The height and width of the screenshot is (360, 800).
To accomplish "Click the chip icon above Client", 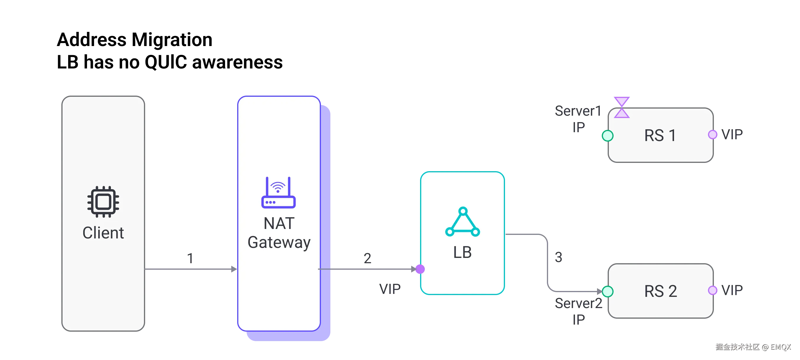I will coord(103,202).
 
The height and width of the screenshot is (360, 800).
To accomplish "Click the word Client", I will coord(103,233).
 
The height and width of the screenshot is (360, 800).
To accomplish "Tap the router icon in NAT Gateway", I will coord(278,193).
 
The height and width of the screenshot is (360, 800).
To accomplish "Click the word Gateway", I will coord(279,242).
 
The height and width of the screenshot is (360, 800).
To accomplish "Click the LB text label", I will coord(463,252).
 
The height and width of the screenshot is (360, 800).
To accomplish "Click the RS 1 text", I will coord(660,136).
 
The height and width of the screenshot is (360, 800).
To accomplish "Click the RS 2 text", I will coord(660,291).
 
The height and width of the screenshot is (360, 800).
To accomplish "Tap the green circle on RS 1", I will coord(607,136).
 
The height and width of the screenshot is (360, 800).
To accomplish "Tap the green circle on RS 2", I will coord(607,291).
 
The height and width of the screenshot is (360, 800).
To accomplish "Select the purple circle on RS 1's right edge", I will coord(712,135).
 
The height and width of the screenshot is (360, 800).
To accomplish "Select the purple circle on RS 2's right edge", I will coord(712,290).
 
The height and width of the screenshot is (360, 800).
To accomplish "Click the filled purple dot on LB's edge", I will coord(420,269).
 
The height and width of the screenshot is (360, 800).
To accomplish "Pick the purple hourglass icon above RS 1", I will coord(622,107).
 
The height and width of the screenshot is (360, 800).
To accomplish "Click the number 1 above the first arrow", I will coord(190,258).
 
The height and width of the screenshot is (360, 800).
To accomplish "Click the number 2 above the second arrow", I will coord(368,258).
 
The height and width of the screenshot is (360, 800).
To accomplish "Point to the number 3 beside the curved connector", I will coord(559,257).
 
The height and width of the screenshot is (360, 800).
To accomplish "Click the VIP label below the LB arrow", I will coord(390,289).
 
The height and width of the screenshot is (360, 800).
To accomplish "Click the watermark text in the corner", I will coord(753,347).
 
